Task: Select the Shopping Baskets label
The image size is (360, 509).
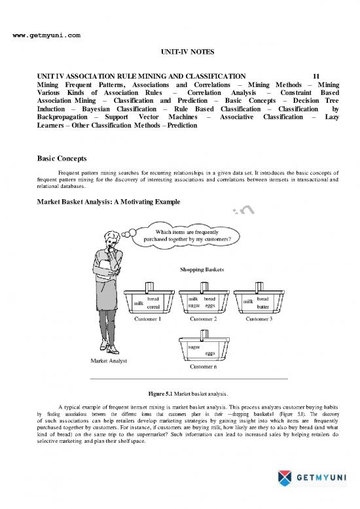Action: (x=206, y=269)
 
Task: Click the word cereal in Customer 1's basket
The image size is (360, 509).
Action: (x=154, y=307)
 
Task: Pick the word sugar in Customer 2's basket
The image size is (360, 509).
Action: (x=194, y=306)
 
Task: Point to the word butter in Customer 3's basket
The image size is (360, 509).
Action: (x=264, y=307)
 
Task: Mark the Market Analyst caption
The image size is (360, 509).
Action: (x=104, y=362)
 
